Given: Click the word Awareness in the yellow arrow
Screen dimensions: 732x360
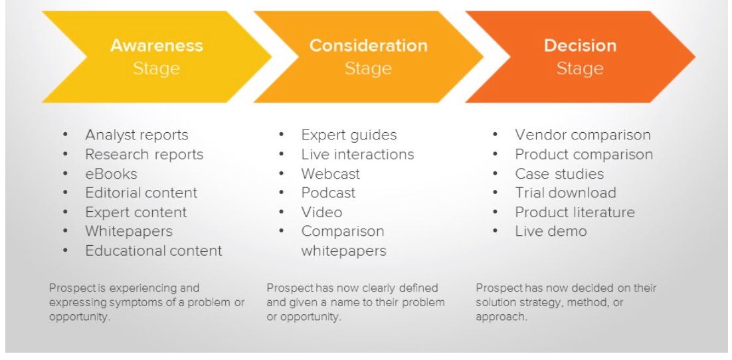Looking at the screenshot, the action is coord(157,45).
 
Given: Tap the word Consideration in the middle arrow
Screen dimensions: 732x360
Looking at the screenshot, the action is coord(369,45).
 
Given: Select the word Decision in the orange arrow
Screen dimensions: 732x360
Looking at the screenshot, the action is coord(581,45).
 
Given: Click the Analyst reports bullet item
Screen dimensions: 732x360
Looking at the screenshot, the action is coord(137,135).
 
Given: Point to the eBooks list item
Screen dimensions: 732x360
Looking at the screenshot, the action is coord(111,174).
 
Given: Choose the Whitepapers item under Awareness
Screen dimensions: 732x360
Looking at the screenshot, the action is coord(129,231).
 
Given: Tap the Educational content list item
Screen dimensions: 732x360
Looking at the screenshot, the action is coord(153,250).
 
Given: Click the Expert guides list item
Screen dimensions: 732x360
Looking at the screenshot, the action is coord(349,135).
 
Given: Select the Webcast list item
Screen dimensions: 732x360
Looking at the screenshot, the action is coord(331,174).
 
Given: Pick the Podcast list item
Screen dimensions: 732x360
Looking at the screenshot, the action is coord(328,193).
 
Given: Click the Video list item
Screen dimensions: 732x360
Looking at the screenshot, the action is coord(321,212).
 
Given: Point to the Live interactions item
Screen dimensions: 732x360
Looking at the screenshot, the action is coord(357,154).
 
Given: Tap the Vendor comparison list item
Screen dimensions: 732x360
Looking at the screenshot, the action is coord(583,135).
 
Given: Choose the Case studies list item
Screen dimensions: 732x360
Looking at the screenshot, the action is coord(559,174).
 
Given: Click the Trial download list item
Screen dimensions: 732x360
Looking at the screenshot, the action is coord(565,193).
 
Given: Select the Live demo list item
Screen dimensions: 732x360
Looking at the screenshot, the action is coord(551,231).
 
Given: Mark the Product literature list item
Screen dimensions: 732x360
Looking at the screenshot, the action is coord(575,212).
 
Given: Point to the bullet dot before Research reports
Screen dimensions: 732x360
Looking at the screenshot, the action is coord(65,154).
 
